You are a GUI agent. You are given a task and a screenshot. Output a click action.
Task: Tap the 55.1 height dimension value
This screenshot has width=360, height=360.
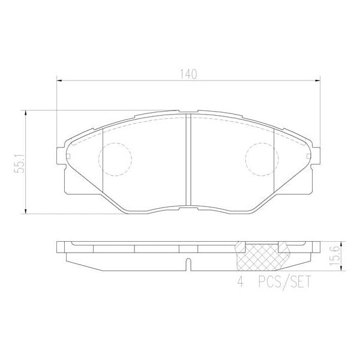click(x=19, y=162)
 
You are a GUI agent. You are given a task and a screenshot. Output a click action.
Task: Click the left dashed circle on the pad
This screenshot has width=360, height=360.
click(x=115, y=159)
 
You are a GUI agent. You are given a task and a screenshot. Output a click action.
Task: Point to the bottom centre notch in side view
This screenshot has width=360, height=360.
click(x=188, y=264)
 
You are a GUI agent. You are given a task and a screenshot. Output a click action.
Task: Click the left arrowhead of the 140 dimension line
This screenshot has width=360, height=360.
click(x=59, y=81)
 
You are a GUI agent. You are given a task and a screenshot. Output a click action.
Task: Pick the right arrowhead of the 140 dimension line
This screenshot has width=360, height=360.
click(x=318, y=81)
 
